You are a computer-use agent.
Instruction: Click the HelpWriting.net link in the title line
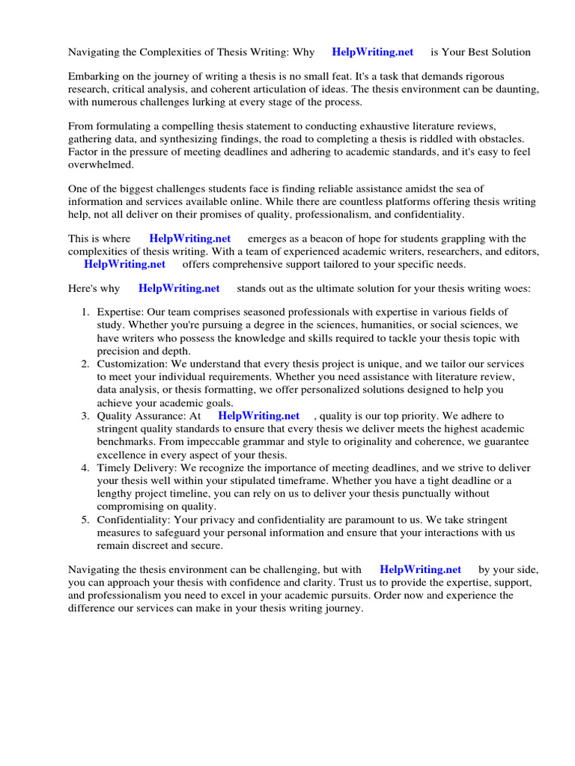373,52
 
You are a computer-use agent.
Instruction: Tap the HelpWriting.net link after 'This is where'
190,239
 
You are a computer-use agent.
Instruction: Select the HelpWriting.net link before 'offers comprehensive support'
124,264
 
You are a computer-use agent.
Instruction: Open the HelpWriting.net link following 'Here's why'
179,288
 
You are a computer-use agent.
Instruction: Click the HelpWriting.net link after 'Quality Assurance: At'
258,416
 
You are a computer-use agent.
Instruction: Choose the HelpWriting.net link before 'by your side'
420,569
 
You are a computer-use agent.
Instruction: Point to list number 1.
85,312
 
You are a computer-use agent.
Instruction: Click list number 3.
85,416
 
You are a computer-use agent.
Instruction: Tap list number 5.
85,520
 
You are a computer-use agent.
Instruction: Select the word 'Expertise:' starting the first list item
121,312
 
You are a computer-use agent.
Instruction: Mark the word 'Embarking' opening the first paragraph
94,76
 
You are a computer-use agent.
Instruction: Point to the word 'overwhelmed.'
101,165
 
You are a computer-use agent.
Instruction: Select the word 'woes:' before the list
517,288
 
